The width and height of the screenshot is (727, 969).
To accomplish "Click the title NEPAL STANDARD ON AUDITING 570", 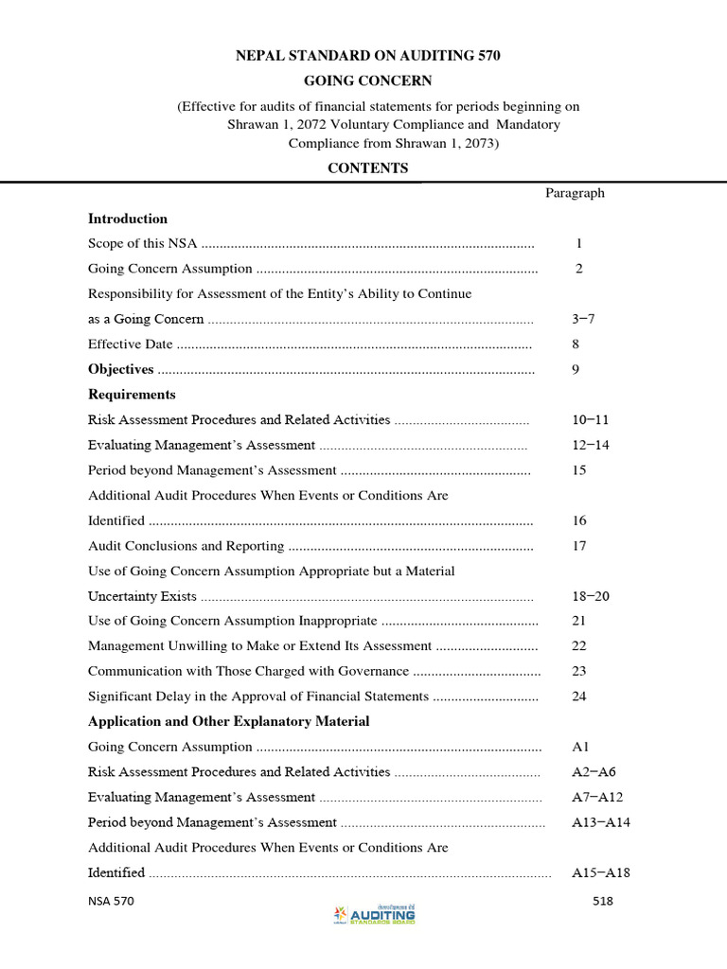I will click(x=367, y=56).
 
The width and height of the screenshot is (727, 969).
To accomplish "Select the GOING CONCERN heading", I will click(x=367, y=81).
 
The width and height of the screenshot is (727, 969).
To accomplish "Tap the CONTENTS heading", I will click(x=367, y=168).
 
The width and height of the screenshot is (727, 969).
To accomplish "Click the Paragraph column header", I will click(x=575, y=193).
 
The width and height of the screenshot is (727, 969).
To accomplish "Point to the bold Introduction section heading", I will click(x=128, y=219).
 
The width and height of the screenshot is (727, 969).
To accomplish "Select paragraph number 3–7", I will click(x=583, y=319).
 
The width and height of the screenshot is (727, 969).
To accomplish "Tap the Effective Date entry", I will click(x=131, y=344).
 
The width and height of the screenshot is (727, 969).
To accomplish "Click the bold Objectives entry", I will click(x=121, y=369).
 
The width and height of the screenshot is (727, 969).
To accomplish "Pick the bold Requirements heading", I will click(x=132, y=395).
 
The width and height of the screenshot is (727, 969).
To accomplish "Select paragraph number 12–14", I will click(x=591, y=445).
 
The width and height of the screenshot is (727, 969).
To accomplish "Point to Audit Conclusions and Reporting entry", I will click(x=186, y=545).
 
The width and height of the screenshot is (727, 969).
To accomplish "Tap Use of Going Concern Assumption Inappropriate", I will click(x=233, y=621).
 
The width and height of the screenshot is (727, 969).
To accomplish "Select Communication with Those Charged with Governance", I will click(x=248, y=671).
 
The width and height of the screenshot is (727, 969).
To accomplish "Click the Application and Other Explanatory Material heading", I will click(x=229, y=721).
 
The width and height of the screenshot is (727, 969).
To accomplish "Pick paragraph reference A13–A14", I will click(x=601, y=822).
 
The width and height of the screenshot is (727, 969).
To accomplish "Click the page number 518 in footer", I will click(x=603, y=901).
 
